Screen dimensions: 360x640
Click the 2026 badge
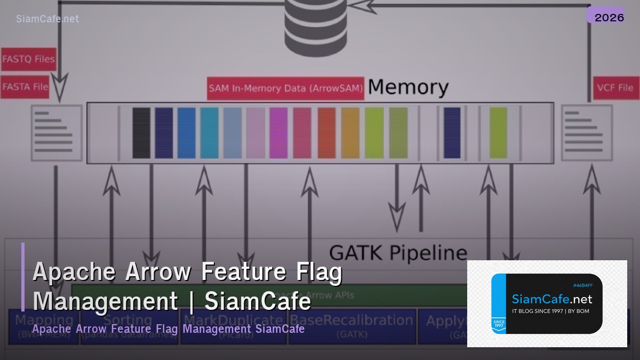click(x=609, y=17)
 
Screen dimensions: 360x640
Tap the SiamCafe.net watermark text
click(x=47, y=19)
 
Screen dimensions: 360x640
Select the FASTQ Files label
click(x=28, y=59)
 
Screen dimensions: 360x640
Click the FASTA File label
click(x=25, y=86)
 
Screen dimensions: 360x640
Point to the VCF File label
click(x=615, y=88)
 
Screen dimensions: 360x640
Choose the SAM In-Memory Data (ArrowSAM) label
click(x=285, y=89)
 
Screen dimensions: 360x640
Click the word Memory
click(x=408, y=87)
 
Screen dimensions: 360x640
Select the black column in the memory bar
click(x=141, y=133)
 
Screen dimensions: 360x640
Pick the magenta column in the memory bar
click(x=278, y=133)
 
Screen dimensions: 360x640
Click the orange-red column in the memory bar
click(x=326, y=133)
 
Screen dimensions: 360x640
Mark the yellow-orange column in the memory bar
click(x=350, y=133)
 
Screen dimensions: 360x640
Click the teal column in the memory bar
click(x=210, y=133)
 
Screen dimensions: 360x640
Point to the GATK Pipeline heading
click(x=398, y=252)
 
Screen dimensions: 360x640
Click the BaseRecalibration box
click(x=352, y=325)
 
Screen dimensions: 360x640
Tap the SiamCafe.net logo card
click(x=547, y=303)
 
